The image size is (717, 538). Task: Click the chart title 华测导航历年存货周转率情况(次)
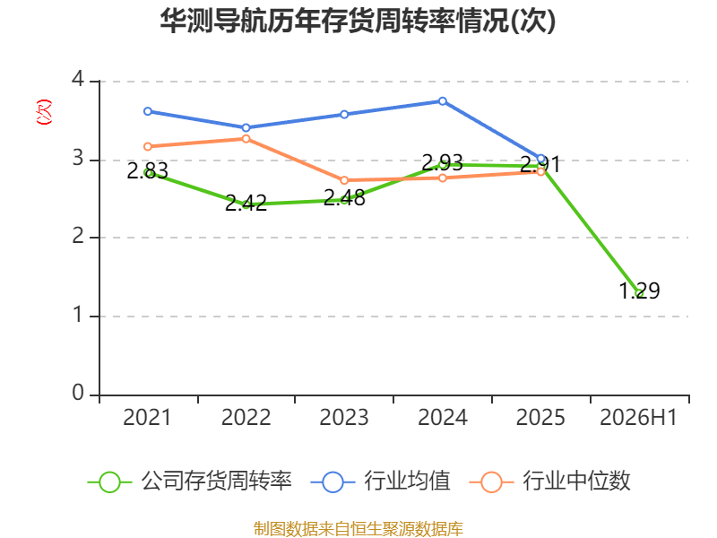(x=358, y=21)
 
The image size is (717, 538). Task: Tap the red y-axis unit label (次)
(x=44, y=112)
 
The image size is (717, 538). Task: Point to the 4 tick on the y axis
(x=78, y=79)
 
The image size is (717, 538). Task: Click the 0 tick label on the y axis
(x=78, y=393)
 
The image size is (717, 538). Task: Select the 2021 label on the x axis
(x=147, y=417)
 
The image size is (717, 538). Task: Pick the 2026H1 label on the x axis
(x=638, y=417)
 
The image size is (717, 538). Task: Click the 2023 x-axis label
(x=344, y=417)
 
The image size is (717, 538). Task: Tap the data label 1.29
(x=639, y=291)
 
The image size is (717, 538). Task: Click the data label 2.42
(x=246, y=203)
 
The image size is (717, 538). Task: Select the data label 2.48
(x=344, y=197)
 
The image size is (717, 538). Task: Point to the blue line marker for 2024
(x=443, y=101)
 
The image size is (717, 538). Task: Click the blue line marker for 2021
(x=148, y=111)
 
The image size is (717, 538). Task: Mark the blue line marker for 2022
(x=246, y=127)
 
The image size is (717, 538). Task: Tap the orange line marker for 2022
(x=246, y=139)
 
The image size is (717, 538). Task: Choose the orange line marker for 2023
(x=344, y=180)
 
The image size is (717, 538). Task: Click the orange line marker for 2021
(x=148, y=146)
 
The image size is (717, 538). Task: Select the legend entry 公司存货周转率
(x=189, y=482)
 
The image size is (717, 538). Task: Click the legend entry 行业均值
(x=380, y=482)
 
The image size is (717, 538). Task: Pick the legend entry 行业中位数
(x=550, y=482)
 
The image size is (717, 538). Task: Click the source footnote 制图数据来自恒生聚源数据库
(x=358, y=529)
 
